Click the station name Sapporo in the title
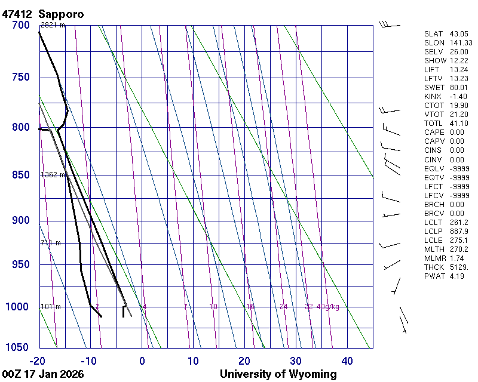[61, 13]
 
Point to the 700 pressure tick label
[20, 25]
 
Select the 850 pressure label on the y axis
[20, 175]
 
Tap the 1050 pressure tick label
[18, 348]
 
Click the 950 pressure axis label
[20, 264]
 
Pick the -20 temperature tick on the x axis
[38, 361]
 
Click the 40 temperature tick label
[347, 361]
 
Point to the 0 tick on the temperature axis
[142, 361]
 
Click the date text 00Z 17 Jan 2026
[43, 374]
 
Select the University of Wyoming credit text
[278, 374]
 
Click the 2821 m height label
[53, 25]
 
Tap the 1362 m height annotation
[53, 175]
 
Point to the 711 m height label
[51, 243]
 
